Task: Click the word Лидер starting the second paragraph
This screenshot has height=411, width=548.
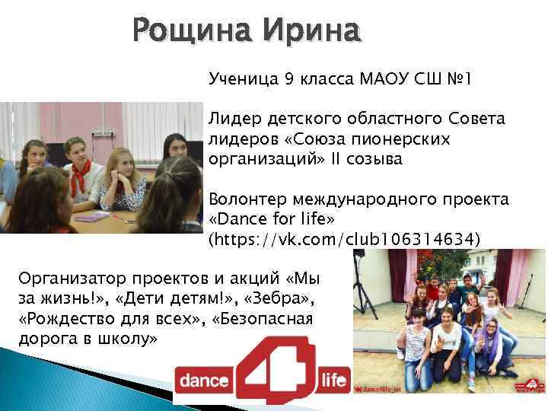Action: click(234, 119)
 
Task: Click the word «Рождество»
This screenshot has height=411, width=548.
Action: click(68, 318)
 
